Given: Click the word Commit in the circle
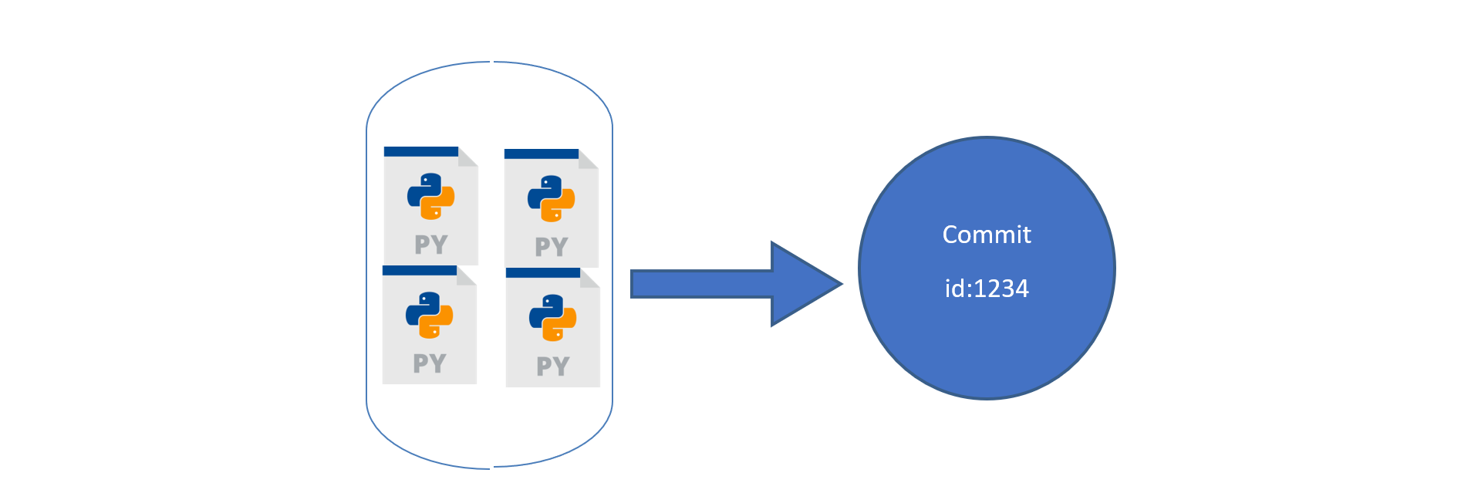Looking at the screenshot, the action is coord(987,235).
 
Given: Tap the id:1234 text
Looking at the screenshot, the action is coord(987,289).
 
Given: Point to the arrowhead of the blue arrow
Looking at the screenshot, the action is coord(840,284).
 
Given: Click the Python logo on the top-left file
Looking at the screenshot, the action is coord(430,196).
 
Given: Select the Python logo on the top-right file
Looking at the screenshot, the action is coord(551,198).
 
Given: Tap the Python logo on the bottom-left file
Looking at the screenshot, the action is coord(429,315).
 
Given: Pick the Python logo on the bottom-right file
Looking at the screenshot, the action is coord(552,317).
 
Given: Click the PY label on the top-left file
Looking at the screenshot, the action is coord(431,245).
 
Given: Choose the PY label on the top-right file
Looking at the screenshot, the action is coord(552,247).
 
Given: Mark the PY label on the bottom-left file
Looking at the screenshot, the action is coord(430,363).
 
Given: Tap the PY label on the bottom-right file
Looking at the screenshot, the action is coord(553,366).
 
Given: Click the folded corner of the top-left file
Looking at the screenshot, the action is coord(467,157).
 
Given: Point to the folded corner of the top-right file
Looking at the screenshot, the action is coord(588,159).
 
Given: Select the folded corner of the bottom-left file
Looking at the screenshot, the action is coord(466,275).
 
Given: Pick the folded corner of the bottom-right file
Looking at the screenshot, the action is coord(589,278).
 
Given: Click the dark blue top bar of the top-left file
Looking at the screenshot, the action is coord(421,151).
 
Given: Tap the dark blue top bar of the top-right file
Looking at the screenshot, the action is coord(542,154).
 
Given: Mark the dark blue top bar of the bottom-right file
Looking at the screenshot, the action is coord(543,273).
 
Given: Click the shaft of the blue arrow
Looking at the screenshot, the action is coord(701,284).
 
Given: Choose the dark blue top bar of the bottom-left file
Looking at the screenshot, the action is coord(420,271).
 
